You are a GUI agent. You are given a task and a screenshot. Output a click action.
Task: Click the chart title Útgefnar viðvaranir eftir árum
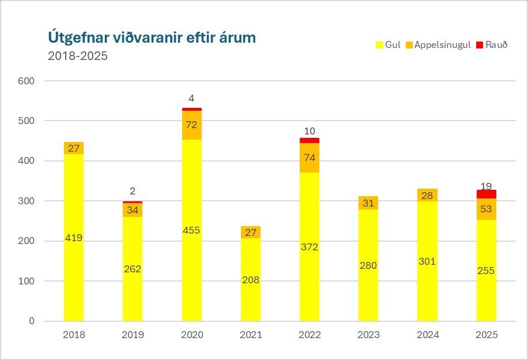coord(152,38)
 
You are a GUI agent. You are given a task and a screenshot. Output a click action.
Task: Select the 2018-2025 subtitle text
coord(78,57)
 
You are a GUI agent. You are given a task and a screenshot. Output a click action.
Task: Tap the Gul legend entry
coord(388,45)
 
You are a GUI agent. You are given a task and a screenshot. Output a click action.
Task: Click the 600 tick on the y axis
coord(28,81)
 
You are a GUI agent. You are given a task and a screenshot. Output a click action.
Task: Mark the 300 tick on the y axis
coord(28,201)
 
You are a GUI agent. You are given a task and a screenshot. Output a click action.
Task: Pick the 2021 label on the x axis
coord(251,335)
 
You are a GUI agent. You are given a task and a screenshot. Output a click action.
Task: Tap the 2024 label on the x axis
coord(428,335)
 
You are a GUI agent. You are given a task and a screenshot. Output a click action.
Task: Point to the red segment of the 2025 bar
coord(486,194)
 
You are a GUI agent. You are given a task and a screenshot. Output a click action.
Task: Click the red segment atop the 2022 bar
coord(310,140)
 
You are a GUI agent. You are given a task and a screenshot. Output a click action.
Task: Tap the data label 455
coord(191,230)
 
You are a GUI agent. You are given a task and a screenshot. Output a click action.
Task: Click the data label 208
coord(251,280)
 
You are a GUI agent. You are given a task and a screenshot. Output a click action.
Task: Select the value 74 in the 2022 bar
coord(310,158)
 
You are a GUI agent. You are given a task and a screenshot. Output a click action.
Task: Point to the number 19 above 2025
coord(487,186)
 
